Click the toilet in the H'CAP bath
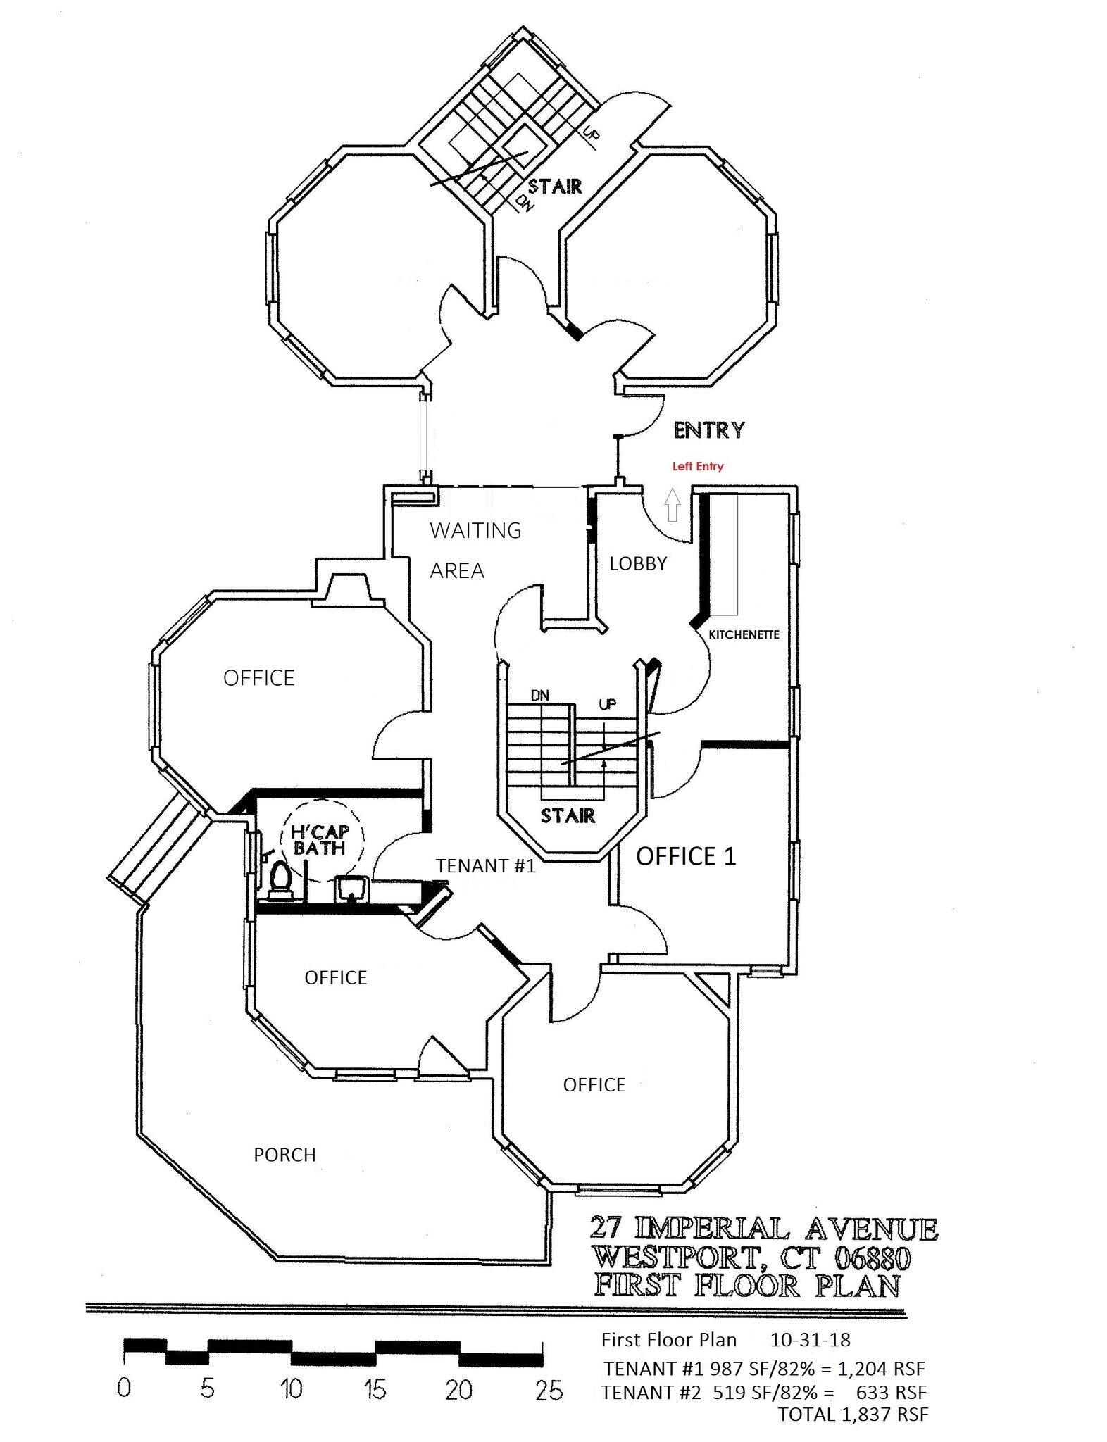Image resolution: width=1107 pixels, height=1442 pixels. [280, 879]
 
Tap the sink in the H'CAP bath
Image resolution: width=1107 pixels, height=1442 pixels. [350, 889]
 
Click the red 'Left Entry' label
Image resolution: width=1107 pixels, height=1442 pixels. [697, 466]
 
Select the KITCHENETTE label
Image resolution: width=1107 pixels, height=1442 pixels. [744, 634]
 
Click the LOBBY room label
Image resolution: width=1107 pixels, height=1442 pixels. [638, 563]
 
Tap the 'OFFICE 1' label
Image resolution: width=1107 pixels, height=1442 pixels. [686, 856]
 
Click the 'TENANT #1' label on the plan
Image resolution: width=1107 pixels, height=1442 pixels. [485, 866]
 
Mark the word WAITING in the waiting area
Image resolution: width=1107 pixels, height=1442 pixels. [475, 530]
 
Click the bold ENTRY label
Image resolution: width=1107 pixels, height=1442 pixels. [708, 430]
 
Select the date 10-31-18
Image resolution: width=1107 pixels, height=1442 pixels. [810, 1339]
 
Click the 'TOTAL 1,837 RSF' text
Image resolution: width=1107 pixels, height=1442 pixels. [853, 1414]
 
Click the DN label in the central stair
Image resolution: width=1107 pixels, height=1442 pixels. [539, 696]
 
